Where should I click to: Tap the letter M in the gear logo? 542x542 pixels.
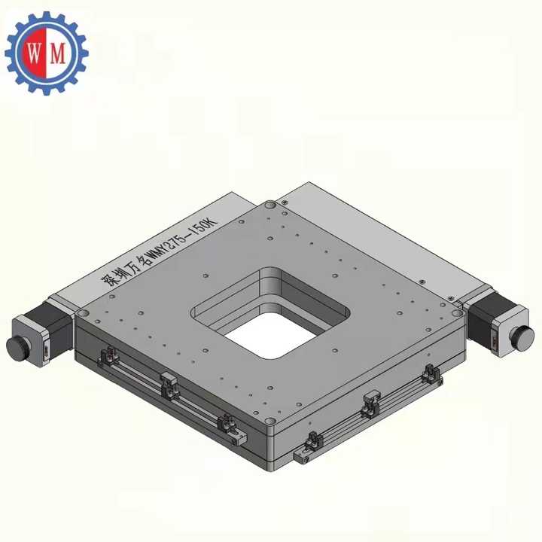coord(58,53)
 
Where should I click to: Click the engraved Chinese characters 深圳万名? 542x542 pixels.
coord(123,273)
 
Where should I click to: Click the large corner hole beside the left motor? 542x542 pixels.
coord(83,312)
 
